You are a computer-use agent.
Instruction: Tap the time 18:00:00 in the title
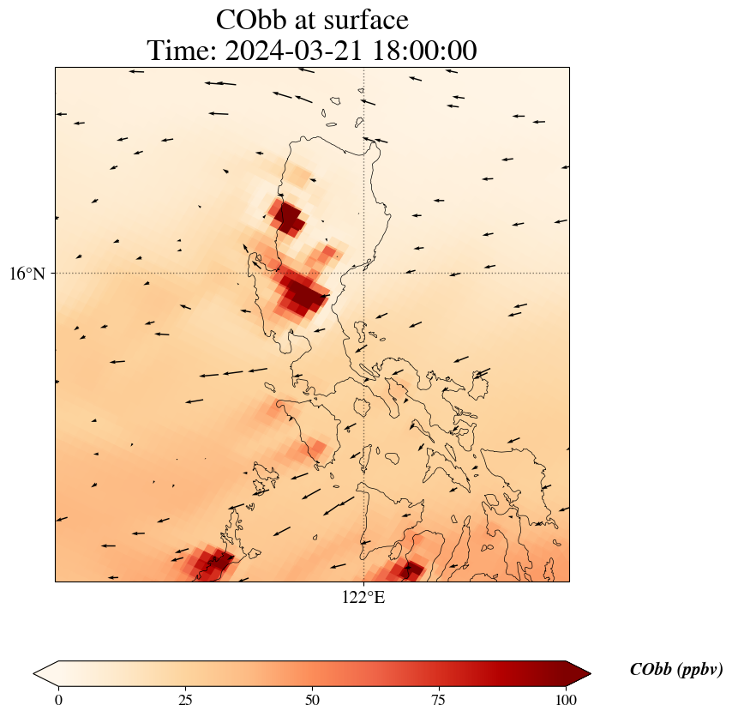click(423, 51)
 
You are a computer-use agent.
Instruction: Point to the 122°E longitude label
click(363, 597)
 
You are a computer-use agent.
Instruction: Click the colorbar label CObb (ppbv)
click(675, 670)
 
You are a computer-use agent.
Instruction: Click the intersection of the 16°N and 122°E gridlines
click(364, 274)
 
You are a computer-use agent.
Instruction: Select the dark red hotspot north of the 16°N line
click(287, 217)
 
